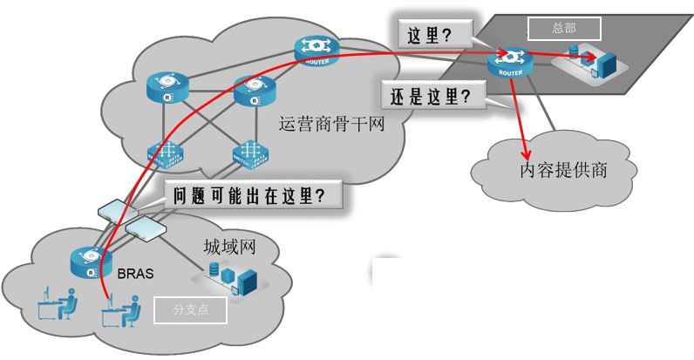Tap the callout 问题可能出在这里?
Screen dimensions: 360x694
click(254, 194)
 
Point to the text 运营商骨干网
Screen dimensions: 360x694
click(331, 126)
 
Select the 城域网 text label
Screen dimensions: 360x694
click(228, 247)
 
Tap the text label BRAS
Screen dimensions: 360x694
click(135, 273)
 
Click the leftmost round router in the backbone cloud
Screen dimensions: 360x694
click(167, 87)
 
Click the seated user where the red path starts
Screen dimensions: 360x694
click(122, 310)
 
